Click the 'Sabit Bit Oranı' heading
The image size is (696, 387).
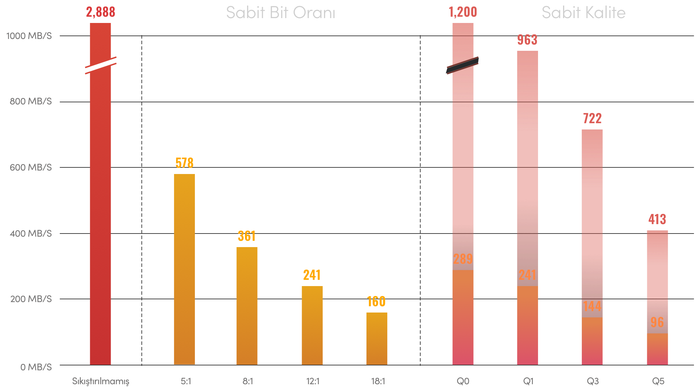(280, 13)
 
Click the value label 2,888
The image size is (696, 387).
(101, 12)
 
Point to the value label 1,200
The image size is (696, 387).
(463, 12)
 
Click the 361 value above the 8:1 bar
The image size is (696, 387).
(247, 236)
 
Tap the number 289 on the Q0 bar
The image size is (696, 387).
(463, 259)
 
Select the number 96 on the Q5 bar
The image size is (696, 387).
(657, 323)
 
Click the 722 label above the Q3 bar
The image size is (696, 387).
(592, 119)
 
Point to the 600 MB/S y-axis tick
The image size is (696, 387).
(31, 167)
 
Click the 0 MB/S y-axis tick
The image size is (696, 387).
(36, 367)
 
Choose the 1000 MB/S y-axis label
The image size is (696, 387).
(29, 36)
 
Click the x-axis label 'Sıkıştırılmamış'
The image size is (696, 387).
(101, 381)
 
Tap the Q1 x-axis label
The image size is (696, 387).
(528, 381)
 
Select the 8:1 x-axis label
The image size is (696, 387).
(248, 381)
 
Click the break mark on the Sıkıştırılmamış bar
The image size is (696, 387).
(101, 65)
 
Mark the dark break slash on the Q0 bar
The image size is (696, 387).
(462, 65)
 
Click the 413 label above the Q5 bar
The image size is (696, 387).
(657, 219)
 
